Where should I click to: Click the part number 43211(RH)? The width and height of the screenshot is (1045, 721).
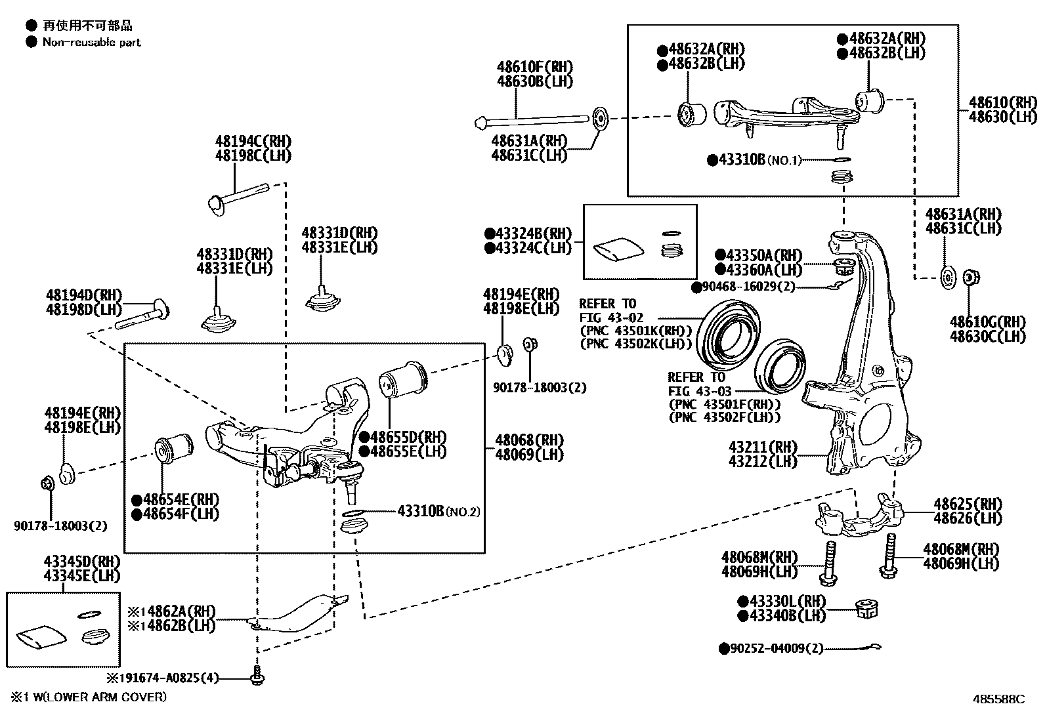pyautogui.click(x=763, y=447)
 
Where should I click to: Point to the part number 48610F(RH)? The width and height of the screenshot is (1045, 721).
pyautogui.click(x=534, y=67)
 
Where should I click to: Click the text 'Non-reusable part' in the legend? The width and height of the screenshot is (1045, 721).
pyautogui.click(x=91, y=43)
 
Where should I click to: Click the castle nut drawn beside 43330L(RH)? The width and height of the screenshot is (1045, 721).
pyautogui.click(x=868, y=609)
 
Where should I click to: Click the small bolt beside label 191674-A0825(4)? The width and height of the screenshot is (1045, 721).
pyautogui.click(x=257, y=676)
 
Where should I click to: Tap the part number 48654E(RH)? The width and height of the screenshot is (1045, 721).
pyautogui.click(x=175, y=500)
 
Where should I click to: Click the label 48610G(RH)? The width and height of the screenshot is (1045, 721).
pyautogui.click(x=987, y=322)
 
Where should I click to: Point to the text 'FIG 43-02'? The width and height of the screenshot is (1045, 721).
pyautogui.click(x=611, y=318)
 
